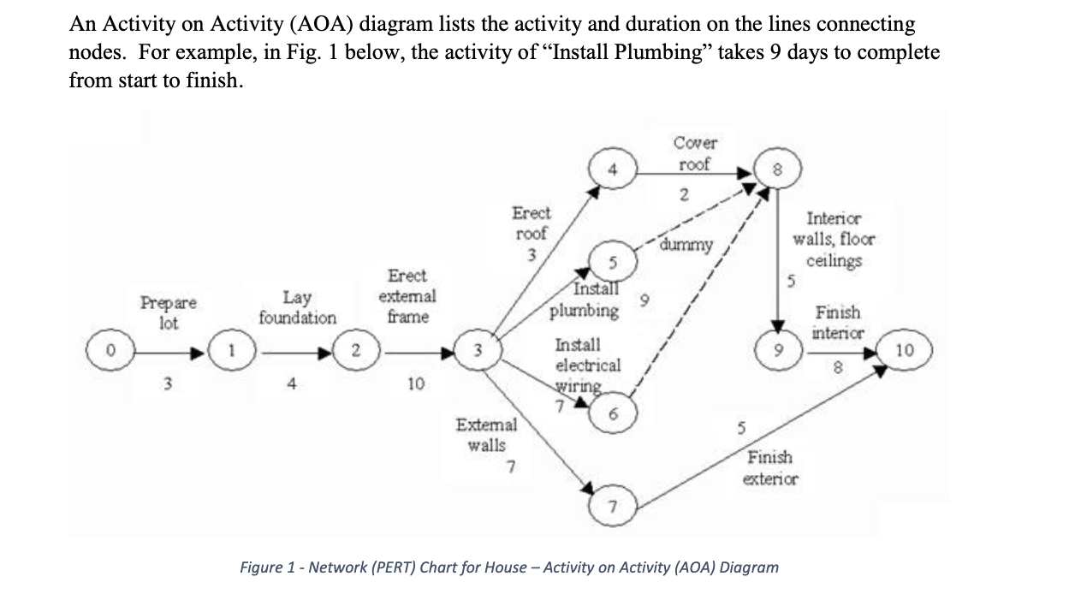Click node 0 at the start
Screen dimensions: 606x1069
[x=109, y=350]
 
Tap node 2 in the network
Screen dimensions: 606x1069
[x=356, y=350]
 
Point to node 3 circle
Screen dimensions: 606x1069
[x=480, y=350]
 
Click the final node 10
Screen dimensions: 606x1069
[x=904, y=350]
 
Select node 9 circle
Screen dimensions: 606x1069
[x=778, y=350]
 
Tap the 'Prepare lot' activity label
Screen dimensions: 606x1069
[x=168, y=312]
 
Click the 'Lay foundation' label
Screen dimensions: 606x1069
[x=297, y=307]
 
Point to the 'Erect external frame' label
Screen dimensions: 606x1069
[x=407, y=296]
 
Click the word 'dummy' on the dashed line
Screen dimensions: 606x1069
[x=686, y=246]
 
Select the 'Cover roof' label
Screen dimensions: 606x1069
[x=694, y=153]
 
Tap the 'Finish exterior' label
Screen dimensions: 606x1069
[x=770, y=468]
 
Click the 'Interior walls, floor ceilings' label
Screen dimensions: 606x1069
[x=834, y=241]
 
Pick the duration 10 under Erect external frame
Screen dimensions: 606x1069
[x=415, y=384]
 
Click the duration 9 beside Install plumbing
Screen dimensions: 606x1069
[x=645, y=300]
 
